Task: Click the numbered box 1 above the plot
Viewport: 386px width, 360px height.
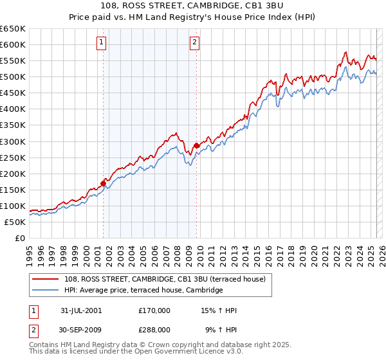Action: (102, 43)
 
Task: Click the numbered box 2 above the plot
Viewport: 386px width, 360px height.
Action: (194, 43)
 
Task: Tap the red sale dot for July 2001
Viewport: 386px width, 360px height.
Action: (103, 183)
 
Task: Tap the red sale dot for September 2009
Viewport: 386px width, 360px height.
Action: (196, 145)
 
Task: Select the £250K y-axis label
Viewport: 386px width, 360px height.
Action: (13, 157)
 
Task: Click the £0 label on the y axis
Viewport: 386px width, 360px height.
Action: (19, 238)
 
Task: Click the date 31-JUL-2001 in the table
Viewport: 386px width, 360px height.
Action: (81, 310)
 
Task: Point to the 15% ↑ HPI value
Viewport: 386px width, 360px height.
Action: (219, 310)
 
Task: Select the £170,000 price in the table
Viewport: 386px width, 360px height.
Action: (154, 310)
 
